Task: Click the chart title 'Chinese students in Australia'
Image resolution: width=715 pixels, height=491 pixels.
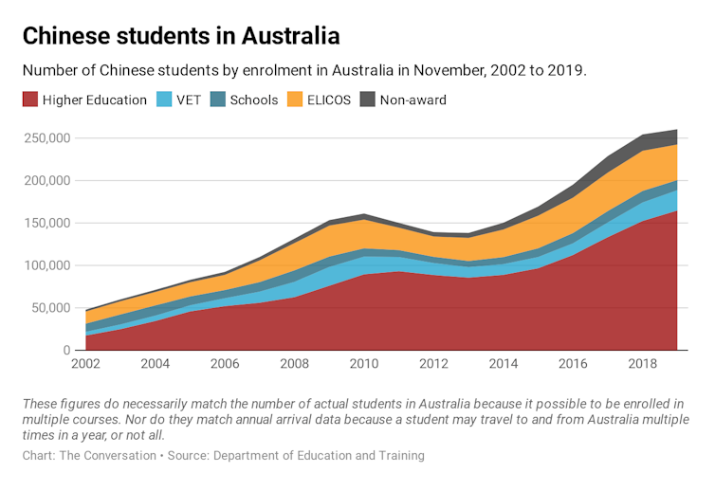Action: click(180, 37)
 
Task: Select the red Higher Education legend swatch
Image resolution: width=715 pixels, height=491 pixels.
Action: click(30, 100)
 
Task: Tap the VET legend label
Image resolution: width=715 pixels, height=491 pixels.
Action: click(189, 100)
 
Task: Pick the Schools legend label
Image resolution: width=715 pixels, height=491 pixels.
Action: click(254, 100)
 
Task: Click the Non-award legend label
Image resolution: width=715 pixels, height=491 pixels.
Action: click(412, 100)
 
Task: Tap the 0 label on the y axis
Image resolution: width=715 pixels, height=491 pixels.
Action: click(67, 351)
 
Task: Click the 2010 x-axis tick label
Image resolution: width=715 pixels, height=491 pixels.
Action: click(364, 364)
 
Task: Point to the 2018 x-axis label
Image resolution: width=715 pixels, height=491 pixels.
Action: click(643, 364)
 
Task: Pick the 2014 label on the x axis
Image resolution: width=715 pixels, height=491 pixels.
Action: click(504, 364)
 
